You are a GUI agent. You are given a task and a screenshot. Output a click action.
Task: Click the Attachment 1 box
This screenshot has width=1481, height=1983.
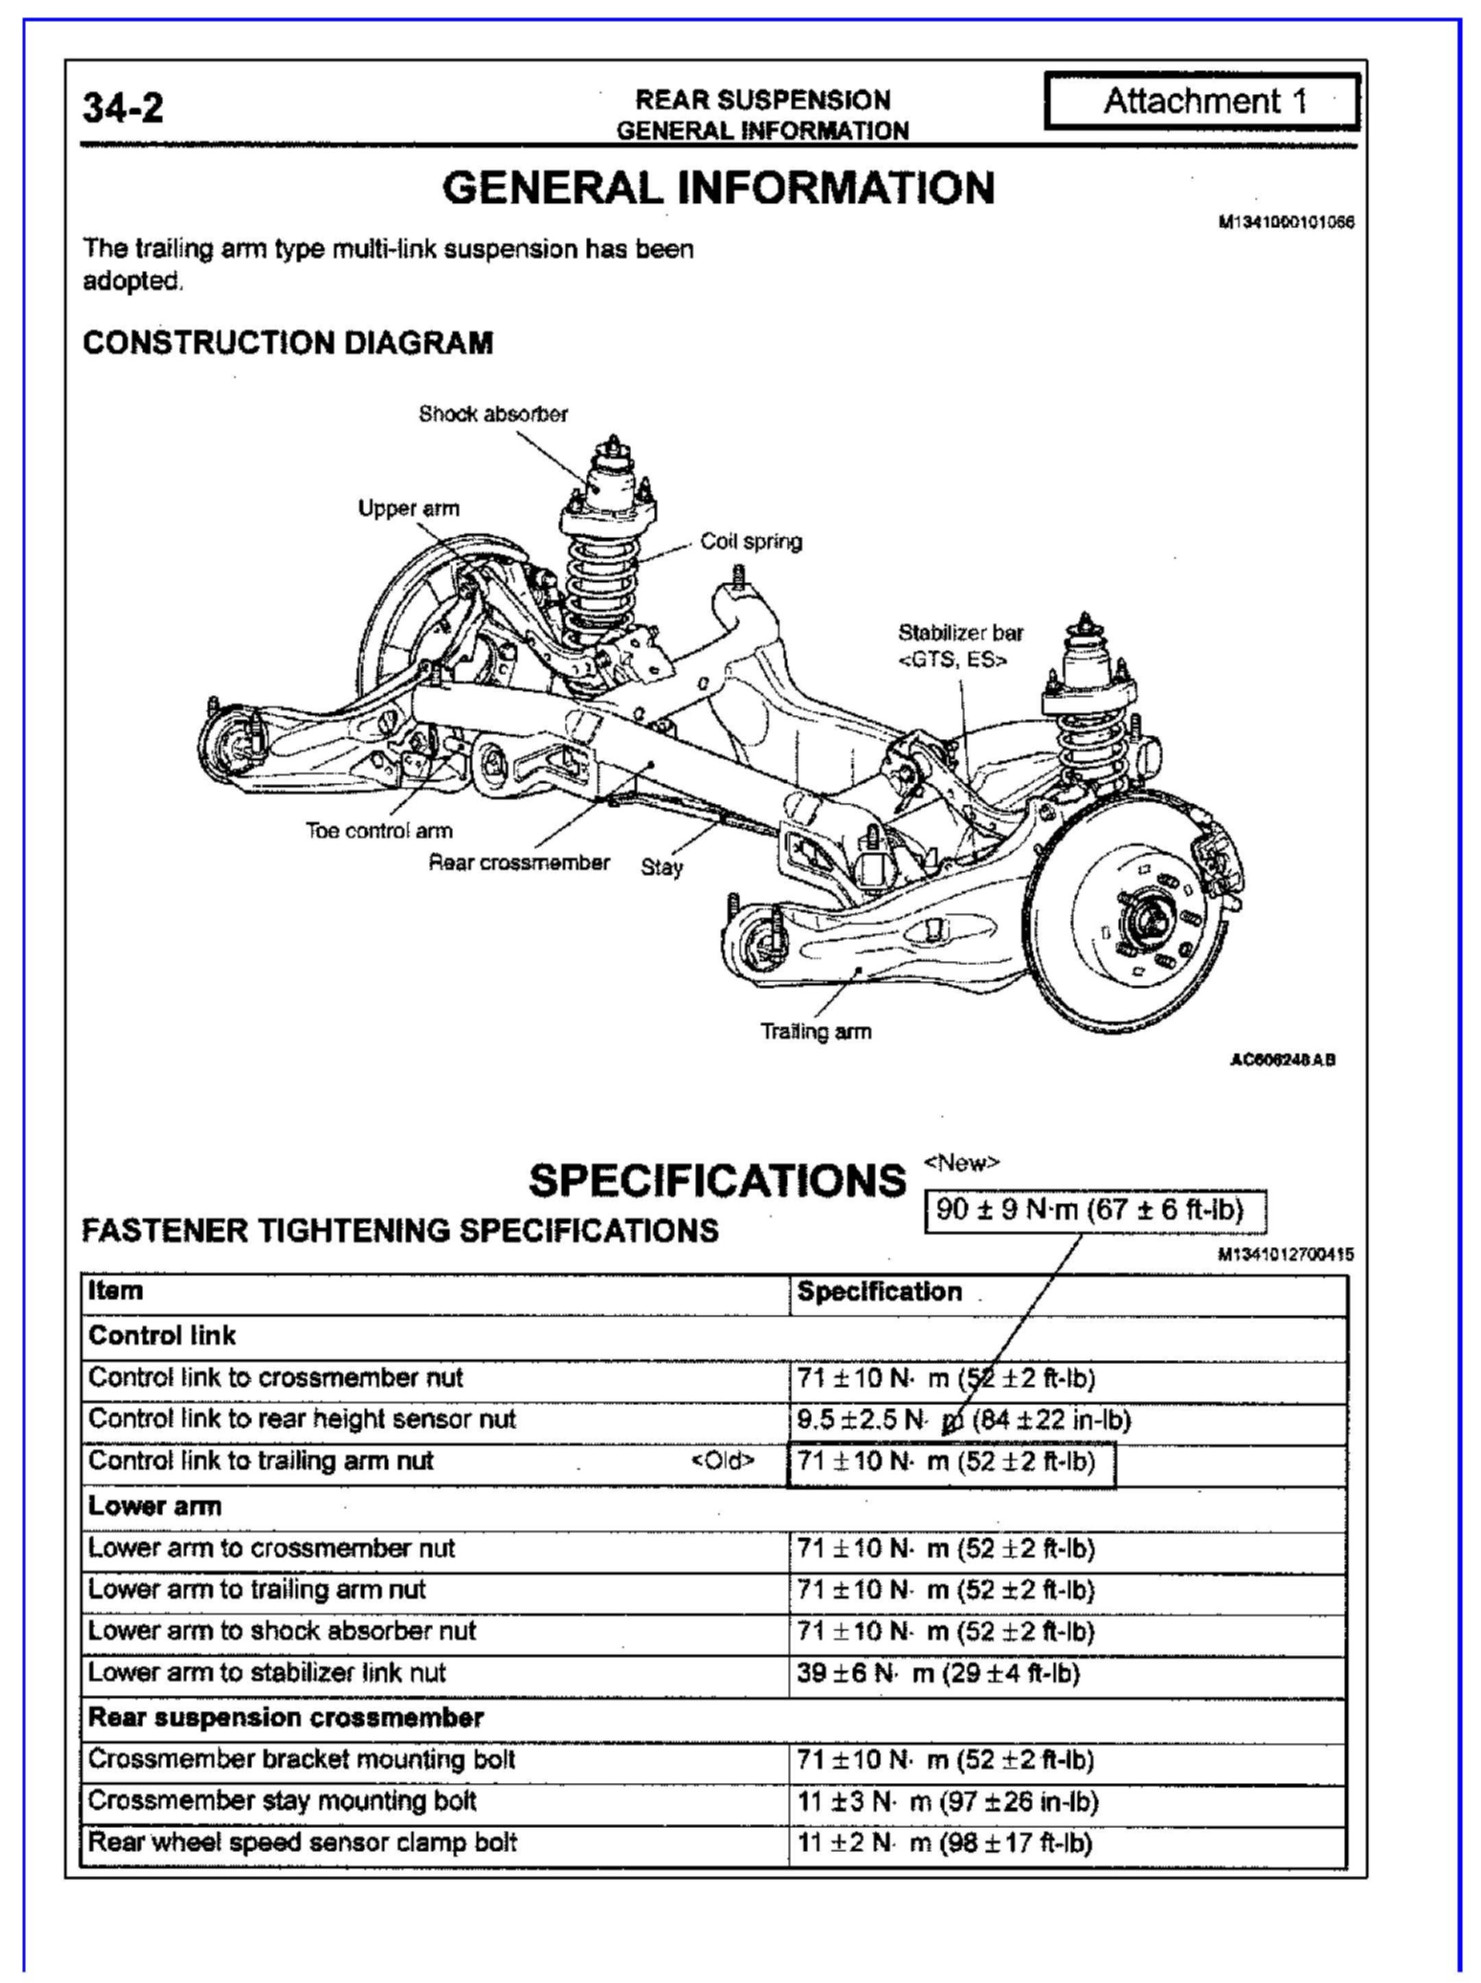tap(1202, 101)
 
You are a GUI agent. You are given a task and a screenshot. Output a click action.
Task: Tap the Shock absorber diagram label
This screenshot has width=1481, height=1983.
tap(493, 414)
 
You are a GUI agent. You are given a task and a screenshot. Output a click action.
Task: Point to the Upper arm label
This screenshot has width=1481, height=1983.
tap(408, 509)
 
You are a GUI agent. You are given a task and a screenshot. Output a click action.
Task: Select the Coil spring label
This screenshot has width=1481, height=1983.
tap(751, 542)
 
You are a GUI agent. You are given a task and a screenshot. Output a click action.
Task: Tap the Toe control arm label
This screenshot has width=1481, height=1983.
tap(379, 831)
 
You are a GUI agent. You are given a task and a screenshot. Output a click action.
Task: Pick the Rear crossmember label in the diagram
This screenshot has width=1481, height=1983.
tap(519, 862)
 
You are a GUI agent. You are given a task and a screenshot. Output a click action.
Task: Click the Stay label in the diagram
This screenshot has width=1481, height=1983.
tap(661, 867)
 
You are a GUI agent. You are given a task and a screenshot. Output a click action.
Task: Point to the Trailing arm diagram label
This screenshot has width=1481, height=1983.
tap(816, 1031)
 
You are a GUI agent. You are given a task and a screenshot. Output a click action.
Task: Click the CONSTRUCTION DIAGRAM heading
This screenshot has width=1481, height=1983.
tap(288, 343)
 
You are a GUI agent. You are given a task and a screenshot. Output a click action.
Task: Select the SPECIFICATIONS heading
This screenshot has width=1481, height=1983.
tap(717, 1180)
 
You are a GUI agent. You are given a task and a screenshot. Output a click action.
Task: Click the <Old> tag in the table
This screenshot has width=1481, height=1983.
tap(722, 1461)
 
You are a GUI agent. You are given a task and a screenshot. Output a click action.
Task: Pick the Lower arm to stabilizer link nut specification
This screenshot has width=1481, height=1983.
tap(938, 1672)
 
